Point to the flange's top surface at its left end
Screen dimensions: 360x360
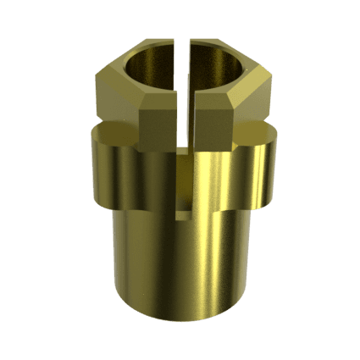pos(97,131)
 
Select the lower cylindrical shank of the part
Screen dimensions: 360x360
pos(182,263)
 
